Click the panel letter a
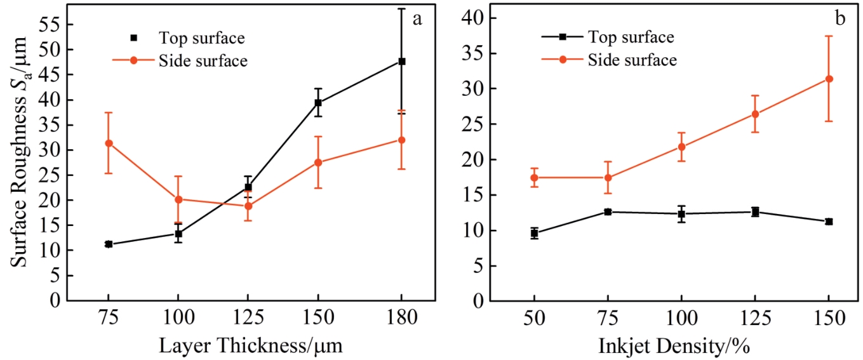pyautogui.click(x=417, y=19)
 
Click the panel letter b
pyautogui.click(x=840, y=19)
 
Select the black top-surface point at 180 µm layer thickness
pyautogui.click(x=401, y=61)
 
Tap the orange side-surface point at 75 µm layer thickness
pyautogui.click(x=109, y=143)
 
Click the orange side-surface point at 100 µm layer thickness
pyautogui.click(x=178, y=199)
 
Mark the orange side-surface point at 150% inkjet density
pyautogui.click(x=829, y=79)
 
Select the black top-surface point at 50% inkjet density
pyautogui.click(x=535, y=234)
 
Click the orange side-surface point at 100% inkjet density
pyautogui.click(x=681, y=147)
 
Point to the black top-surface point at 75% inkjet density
pyautogui.click(x=608, y=212)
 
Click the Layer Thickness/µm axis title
pyautogui.click(x=250, y=345)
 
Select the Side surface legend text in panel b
pyautogui.click(x=632, y=60)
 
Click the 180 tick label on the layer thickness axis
pyautogui.click(x=401, y=317)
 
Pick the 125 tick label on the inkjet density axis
pyautogui.click(x=755, y=317)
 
